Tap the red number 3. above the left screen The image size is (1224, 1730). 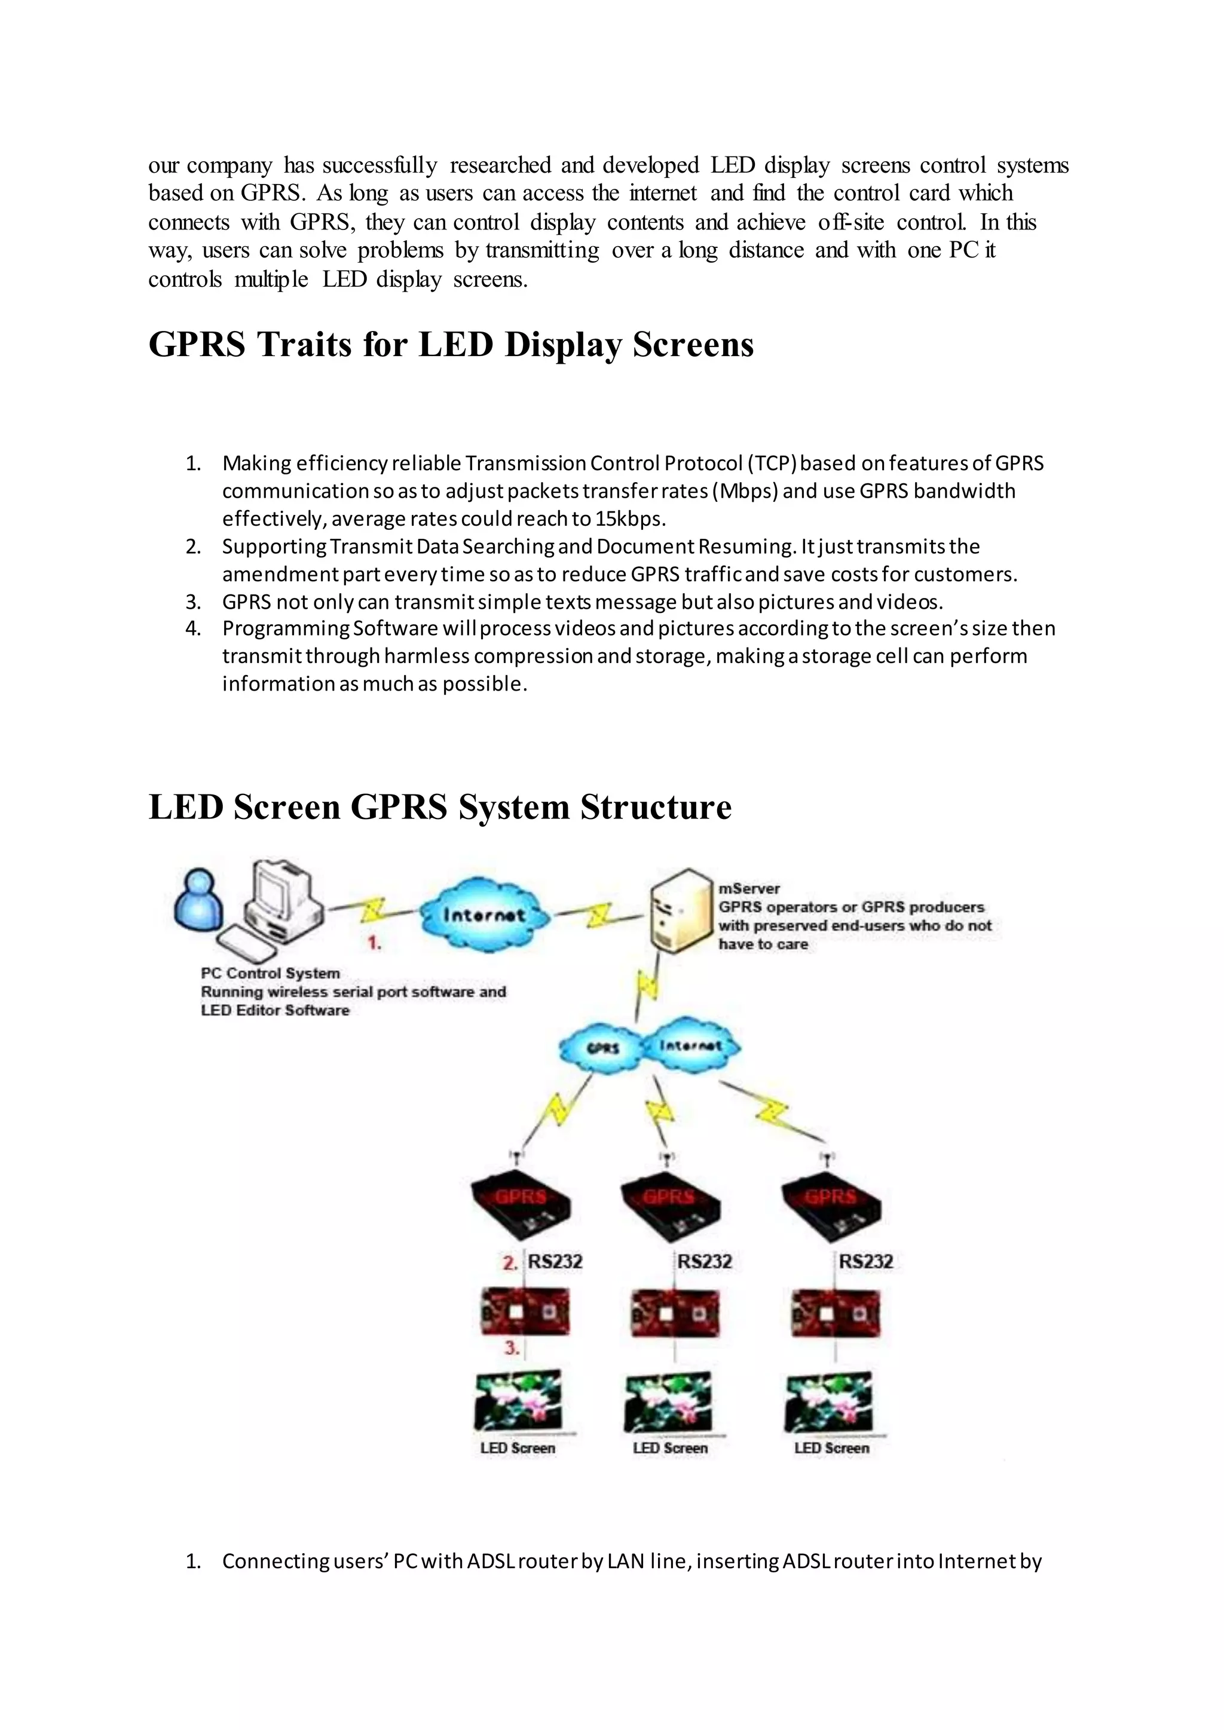pyautogui.click(x=512, y=1348)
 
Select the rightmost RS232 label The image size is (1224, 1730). pyautogui.click(x=866, y=1261)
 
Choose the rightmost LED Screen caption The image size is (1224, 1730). pyautogui.click(x=831, y=1447)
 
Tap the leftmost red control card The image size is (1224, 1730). pyautogui.click(x=525, y=1311)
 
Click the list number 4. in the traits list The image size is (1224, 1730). pyautogui.click(x=193, y=628)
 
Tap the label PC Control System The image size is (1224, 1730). pyautogui.click(x=270, y=973)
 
